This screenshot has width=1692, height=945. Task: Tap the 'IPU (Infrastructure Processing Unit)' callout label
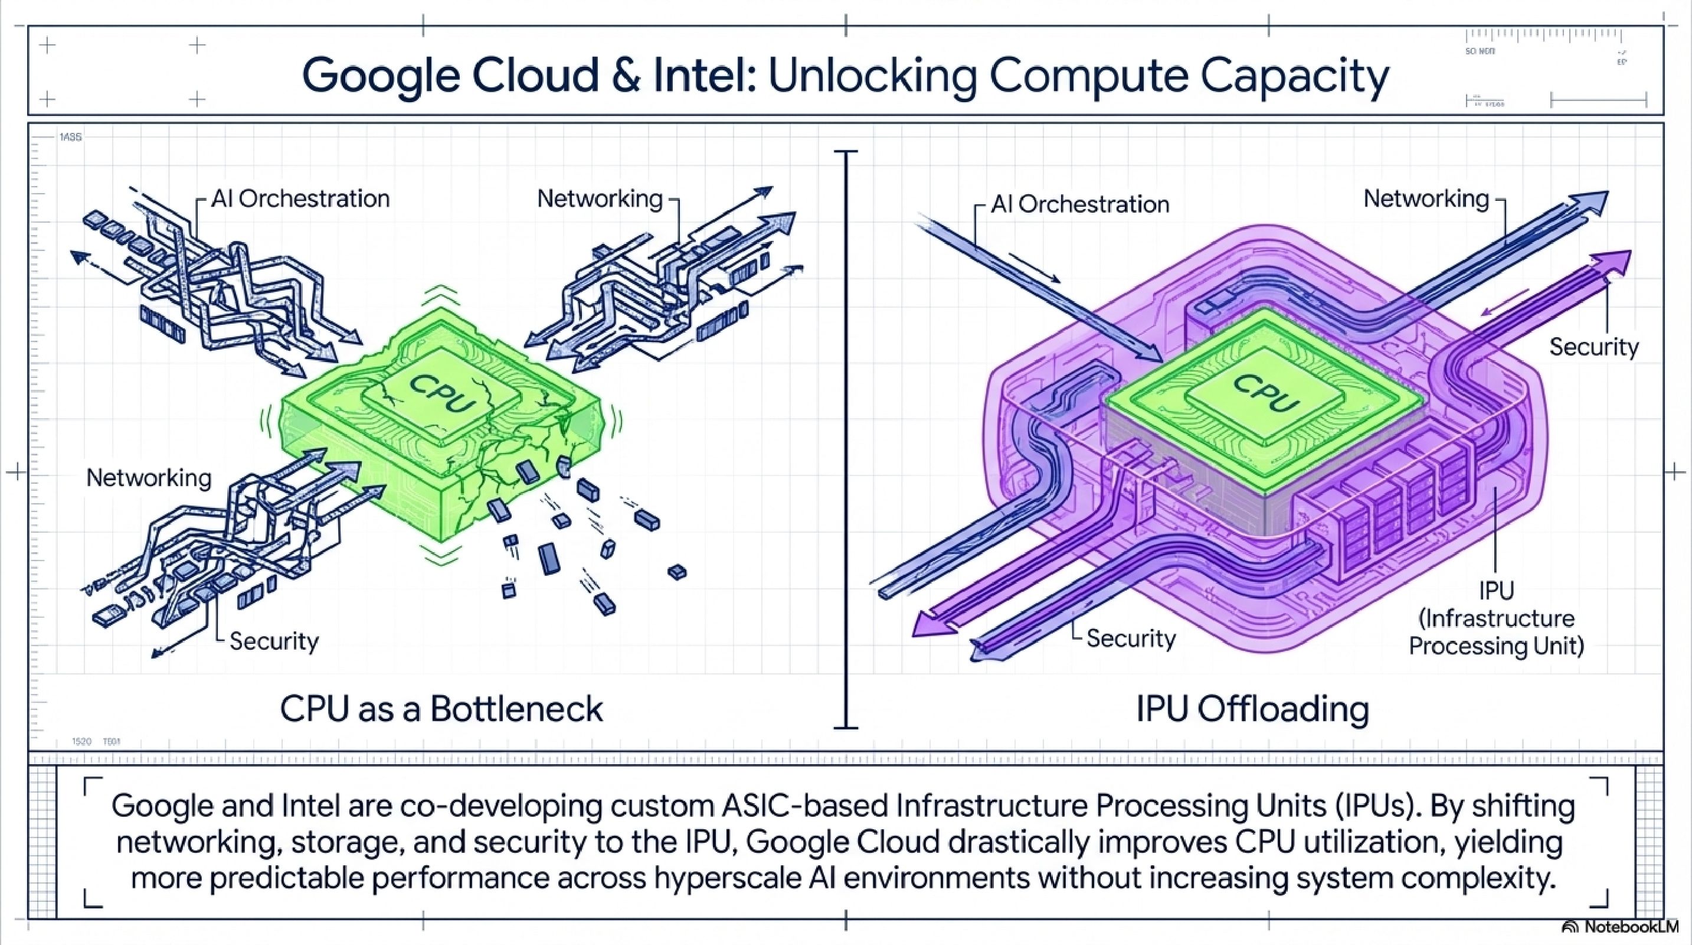point(1496,618)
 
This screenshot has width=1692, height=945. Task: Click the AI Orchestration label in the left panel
point(300,198)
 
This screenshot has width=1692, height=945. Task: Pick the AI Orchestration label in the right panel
point(1080,204)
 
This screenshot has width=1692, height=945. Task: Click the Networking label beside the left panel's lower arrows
point(149,478)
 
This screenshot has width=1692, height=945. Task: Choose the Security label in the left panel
point(274,641)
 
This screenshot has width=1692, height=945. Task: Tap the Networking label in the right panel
point(1426,198)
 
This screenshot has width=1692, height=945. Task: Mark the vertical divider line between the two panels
point(846,440)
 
